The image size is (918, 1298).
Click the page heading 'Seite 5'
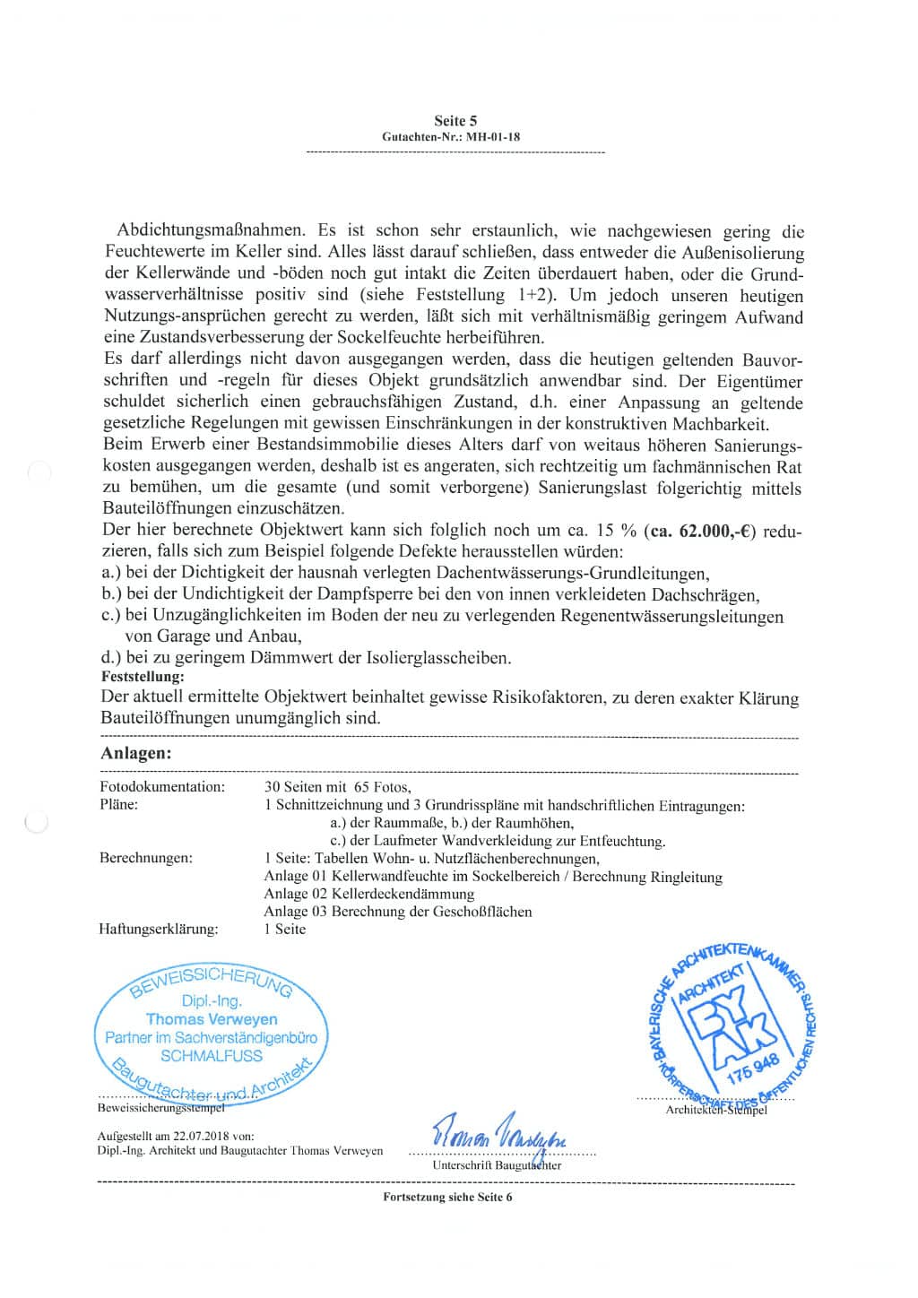tap(455, 120)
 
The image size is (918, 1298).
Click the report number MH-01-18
tap(488, 137)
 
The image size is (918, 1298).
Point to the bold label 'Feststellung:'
tap(143, 677)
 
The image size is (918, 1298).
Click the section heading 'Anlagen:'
tap(135, 753)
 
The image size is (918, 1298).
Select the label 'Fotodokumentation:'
tap(162, 787)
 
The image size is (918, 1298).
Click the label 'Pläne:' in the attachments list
tap(119, 805)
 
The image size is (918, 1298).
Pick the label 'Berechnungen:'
tap(146, 858)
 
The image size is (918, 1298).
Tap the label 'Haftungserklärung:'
tap(159, 929)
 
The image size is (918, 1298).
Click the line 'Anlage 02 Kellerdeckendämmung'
tap(368, 894)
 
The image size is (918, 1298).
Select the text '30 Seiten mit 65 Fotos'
tap(337, 787)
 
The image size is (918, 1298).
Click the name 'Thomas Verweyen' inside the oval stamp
tap(212, 1019)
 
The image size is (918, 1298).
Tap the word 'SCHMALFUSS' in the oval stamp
tap(212, 1056)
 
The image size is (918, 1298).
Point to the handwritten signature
tap(499, 1137)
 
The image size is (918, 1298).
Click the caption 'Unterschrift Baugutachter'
tap(497, 1165)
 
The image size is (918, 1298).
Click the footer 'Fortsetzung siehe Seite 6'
tap(447, 1197)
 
